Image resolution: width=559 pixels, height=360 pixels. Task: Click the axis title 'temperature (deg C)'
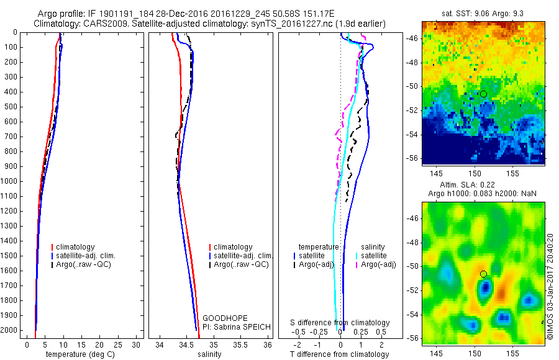point(79,354)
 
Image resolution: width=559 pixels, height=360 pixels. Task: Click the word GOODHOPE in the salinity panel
point(220,318)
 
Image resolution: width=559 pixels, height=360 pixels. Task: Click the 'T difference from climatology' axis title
point(339,354)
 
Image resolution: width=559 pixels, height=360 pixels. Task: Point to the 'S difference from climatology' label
point(340,323)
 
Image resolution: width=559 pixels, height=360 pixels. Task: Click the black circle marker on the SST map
point(483,94)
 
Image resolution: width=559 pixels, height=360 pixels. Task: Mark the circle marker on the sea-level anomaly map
point(483,274)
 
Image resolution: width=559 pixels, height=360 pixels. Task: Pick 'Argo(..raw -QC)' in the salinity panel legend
point(241,264)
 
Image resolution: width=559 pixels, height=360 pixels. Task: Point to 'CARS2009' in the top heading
point(102,24)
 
